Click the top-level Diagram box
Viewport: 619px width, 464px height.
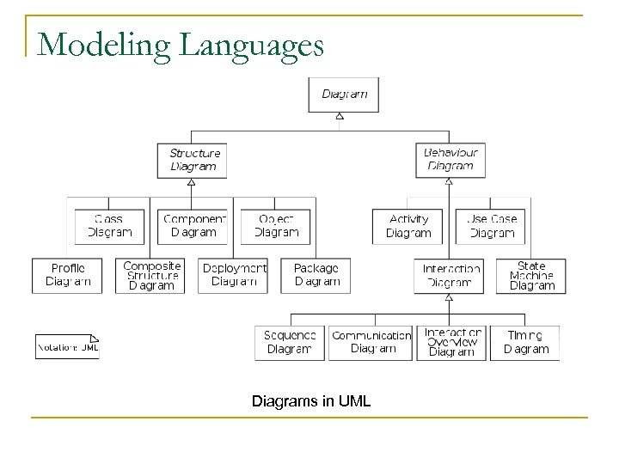click(x=343, y=95)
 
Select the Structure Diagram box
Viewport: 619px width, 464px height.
click(x=193, y=160)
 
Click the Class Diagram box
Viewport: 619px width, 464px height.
click(x=108, y=226)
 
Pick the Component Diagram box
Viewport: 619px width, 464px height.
click(x=193, y=226)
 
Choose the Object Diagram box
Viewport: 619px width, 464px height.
click(x=276, y=226)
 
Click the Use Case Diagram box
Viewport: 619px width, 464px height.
click(x=491, y=226)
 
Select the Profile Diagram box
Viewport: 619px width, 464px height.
click(x=68, y=275)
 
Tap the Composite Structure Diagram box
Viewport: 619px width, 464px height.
click(x=151, y=275)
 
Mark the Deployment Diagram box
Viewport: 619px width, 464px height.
click(x=234, y=275)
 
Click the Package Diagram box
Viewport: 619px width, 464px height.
click(x=316, y=275)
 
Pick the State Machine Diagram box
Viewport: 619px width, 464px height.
click(x=531, y=275)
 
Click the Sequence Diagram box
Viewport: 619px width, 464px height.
click(x=290, y=342)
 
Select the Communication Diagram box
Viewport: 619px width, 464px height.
click(x=371, y=342)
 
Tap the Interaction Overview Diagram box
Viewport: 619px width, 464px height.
click(x=452, y=342)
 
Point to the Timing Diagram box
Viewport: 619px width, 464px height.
click(x=526, y=342)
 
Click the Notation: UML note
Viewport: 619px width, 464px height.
click(x=67, y=346)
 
